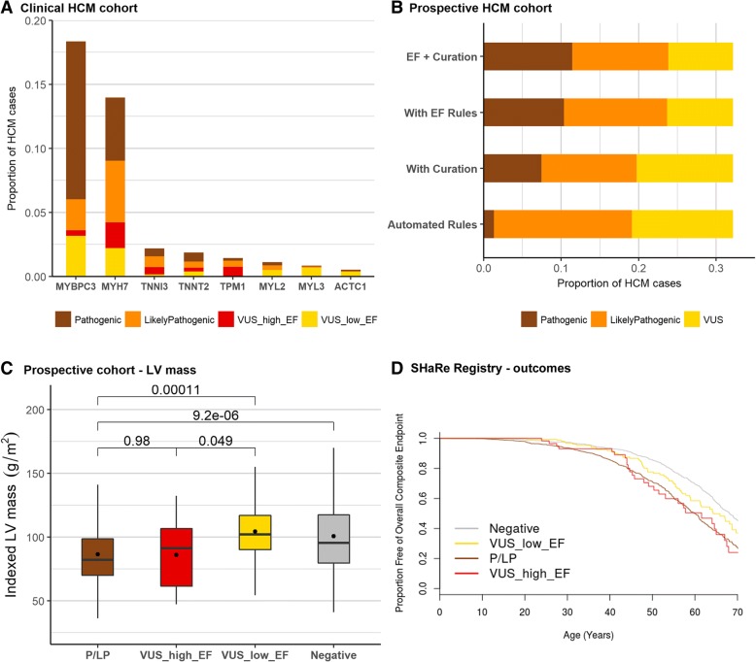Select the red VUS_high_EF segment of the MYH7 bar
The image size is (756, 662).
coord(116,235)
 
